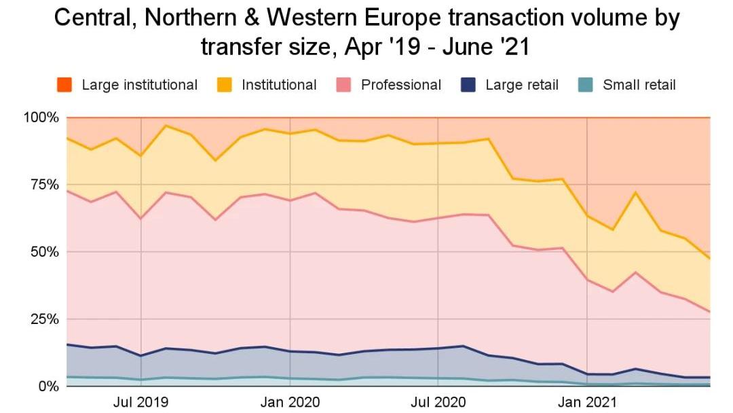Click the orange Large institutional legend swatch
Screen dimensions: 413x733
click(x=64, y=85)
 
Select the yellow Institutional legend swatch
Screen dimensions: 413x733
click(x=225, y=85)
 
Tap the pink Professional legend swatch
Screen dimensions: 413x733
click(x=343, y=85)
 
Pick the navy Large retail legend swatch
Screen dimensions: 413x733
click(x=468, y=85)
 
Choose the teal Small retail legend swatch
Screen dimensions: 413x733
click(x=586, y=85)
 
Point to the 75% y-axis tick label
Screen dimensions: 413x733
click(x=44, y=185)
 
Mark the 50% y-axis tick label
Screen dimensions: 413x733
click(x=44, y=252)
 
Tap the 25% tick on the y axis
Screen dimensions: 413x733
click(x=44, y=319)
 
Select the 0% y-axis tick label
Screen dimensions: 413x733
click(x=48, y=387)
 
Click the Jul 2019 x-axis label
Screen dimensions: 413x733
click(x=140, y=401)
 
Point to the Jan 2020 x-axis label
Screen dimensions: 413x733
click(x=290, y=401)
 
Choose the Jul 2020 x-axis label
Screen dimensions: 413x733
click(x=438, y=401)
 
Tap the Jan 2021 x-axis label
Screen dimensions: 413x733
click(x=586, y=401)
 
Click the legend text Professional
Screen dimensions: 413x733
click(x=400, y=85)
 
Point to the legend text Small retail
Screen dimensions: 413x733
click(x=639, y=85)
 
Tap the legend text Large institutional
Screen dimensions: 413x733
click(x=139, y=85)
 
